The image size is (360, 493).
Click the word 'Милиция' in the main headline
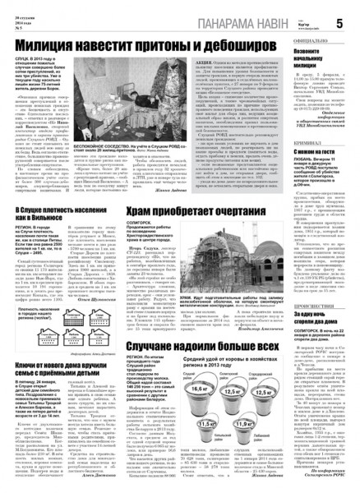(62, 51)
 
